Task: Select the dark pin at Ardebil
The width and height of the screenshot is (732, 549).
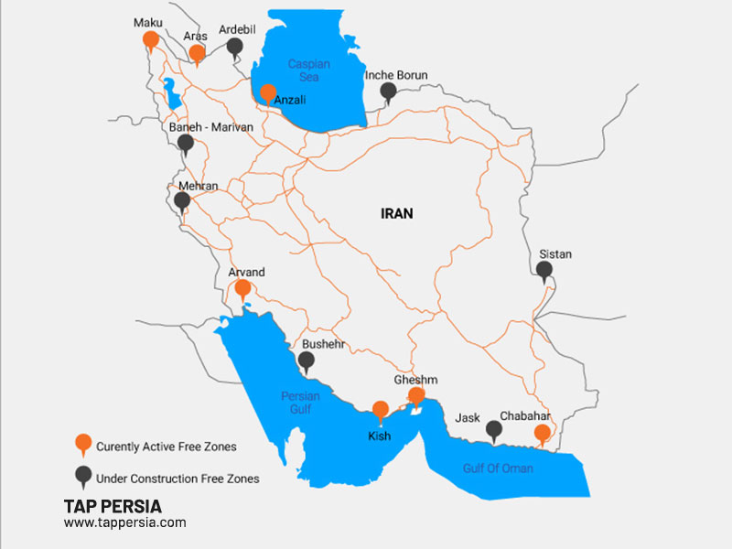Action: tap(235, 47)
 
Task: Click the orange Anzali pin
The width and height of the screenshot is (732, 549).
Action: tap(267, 92)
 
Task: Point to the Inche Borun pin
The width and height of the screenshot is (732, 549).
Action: tap(389, 91)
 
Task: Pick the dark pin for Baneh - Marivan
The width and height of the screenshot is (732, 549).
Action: tap(186, 143)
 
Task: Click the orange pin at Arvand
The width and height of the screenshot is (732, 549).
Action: tap(242, 289)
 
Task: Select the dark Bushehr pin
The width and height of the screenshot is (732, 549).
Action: tap(307, 361)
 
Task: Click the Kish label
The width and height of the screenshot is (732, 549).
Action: tap(380, 436)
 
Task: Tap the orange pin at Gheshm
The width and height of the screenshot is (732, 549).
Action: tap(415, 396)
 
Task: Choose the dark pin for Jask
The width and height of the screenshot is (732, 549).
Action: tap(494, 428)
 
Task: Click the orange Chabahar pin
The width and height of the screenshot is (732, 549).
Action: tap(543, 433)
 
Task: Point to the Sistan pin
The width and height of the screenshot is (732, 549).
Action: tap(544, 270)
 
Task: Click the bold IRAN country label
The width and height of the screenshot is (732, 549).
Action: tap(397, 213)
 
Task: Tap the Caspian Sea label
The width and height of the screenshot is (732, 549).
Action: tap(308, 71)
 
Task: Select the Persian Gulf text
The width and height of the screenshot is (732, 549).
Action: tap(301, 403)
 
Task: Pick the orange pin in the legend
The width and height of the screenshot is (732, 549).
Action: tap(83, 445)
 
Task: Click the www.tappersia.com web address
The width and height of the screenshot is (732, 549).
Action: tap(124, 522)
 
